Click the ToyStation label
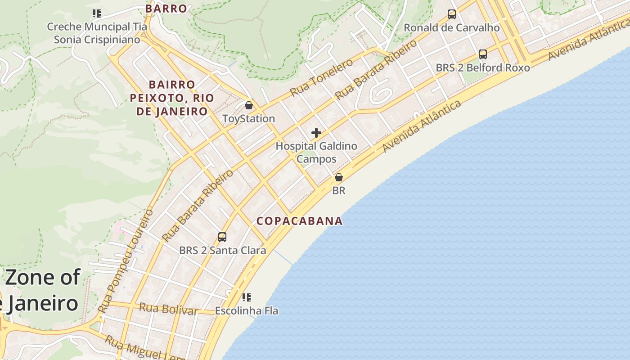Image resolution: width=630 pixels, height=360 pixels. click(x=248, y=119)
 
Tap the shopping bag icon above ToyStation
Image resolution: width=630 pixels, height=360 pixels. click(x=248, y=106)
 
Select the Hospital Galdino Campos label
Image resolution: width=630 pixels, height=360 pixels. click(x=316, y=153)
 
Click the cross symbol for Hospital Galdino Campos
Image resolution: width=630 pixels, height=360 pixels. click(x=316, y=133)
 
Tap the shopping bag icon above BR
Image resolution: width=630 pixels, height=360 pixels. click(x=339, y=177)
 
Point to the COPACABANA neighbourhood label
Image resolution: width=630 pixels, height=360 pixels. click(x=300, y=221)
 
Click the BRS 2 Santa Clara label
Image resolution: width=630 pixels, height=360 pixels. click(x=222, y=251)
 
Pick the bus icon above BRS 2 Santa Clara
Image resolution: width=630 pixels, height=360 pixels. click(x=222, y=237)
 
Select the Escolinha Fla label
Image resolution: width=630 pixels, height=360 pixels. click(x=246, y=311)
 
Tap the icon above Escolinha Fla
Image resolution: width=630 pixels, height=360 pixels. click(x=246, y=297)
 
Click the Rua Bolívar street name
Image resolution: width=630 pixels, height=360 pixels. click(x=168, y=309)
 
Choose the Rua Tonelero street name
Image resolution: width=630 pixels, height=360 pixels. click(x=321, y=77)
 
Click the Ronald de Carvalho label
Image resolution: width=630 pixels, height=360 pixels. click(x=451, y=28)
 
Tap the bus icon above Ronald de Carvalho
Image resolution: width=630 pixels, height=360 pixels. click(x=451, y=14)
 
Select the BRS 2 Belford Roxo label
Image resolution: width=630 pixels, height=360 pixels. click(x=482, y=68)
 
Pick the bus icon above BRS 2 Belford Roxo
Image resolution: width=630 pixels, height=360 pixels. click(x=482, y=54)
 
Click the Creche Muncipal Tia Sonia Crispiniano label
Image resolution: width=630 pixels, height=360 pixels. click(x=97, y=33)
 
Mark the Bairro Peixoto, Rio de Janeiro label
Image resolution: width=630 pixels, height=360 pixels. click(x=172, y=98)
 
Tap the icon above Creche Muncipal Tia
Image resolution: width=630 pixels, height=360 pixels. click(x=97, y=13)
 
